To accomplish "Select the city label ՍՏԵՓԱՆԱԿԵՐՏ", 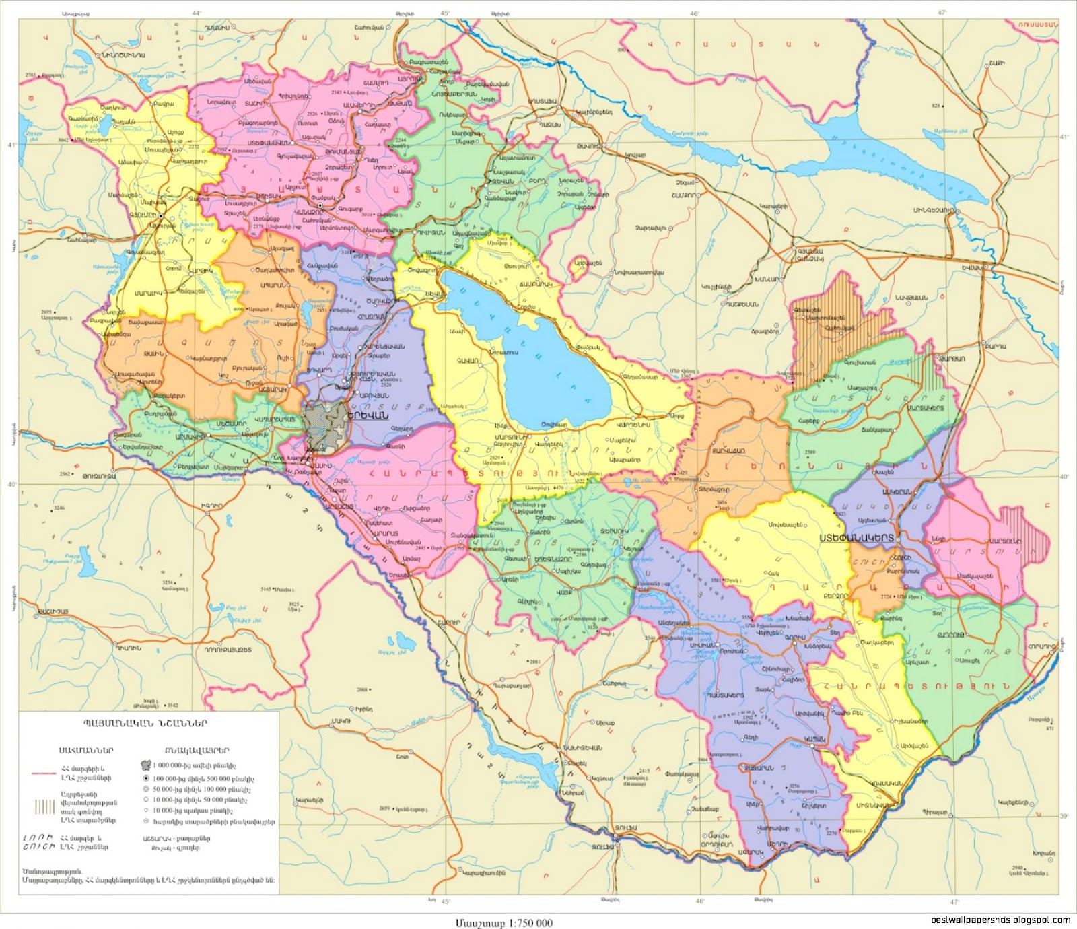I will pos(856,538).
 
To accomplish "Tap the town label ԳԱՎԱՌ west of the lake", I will pos(467,361).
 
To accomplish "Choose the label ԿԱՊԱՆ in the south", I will pos(814,739).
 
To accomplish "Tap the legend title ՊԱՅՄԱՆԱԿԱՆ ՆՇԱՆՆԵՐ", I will pos(145,723).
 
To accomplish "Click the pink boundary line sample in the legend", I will pos(44,773).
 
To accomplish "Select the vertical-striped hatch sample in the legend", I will pos(46,806).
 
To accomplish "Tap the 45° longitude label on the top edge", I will pos(446,13).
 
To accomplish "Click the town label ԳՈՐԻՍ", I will pos(794,638).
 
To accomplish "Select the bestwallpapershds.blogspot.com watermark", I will pos(1000,920).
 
